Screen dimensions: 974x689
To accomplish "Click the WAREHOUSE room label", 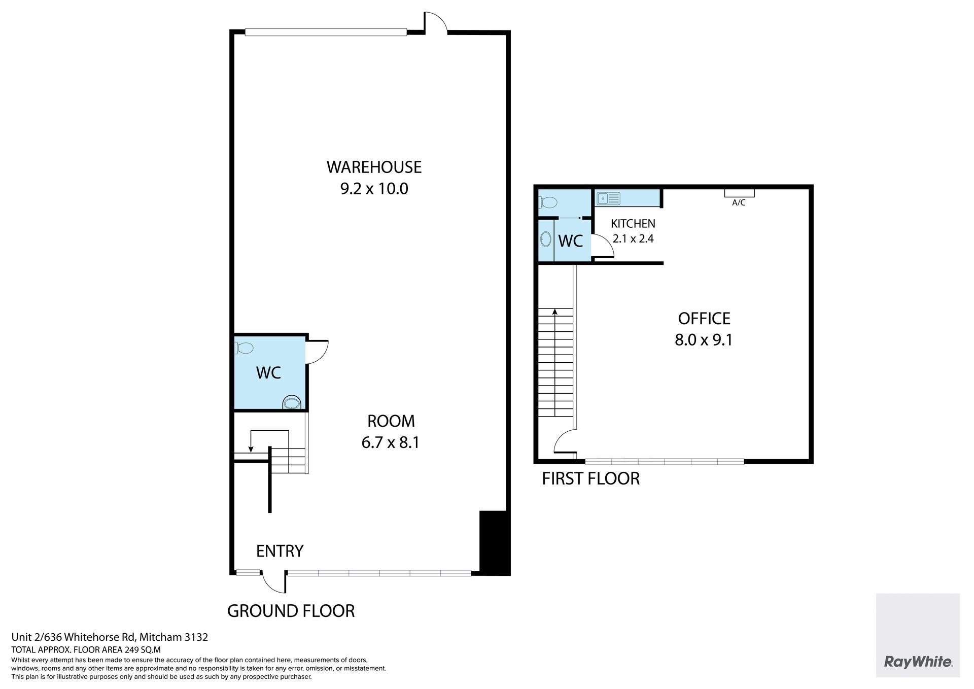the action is coord(374,167).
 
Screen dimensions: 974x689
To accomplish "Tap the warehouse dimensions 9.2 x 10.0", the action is coord(374,189).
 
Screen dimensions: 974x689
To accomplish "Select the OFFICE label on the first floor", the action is coord(704,319).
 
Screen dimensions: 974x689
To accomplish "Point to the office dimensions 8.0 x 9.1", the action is coord(704,340).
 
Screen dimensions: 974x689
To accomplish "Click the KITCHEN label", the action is coord(633,224).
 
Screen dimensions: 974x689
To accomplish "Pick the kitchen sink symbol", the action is coord(608,198).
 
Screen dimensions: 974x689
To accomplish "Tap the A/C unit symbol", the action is coord(739,193).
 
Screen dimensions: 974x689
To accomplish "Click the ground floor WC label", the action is coord(268,373).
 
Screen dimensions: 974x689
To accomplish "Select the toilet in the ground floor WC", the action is coord(245,349).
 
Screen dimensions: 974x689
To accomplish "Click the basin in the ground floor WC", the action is coord(292,403).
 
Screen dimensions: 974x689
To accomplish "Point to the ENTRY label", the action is coord(280,551).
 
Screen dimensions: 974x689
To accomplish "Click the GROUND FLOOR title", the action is coord(291,611).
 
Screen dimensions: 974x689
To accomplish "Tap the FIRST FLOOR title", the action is coord(591,478).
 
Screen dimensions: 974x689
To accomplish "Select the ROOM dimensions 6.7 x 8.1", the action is coord(391,442).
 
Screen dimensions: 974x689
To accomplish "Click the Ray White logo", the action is coord(918,676).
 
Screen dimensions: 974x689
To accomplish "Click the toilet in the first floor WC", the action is coord(548,203).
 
